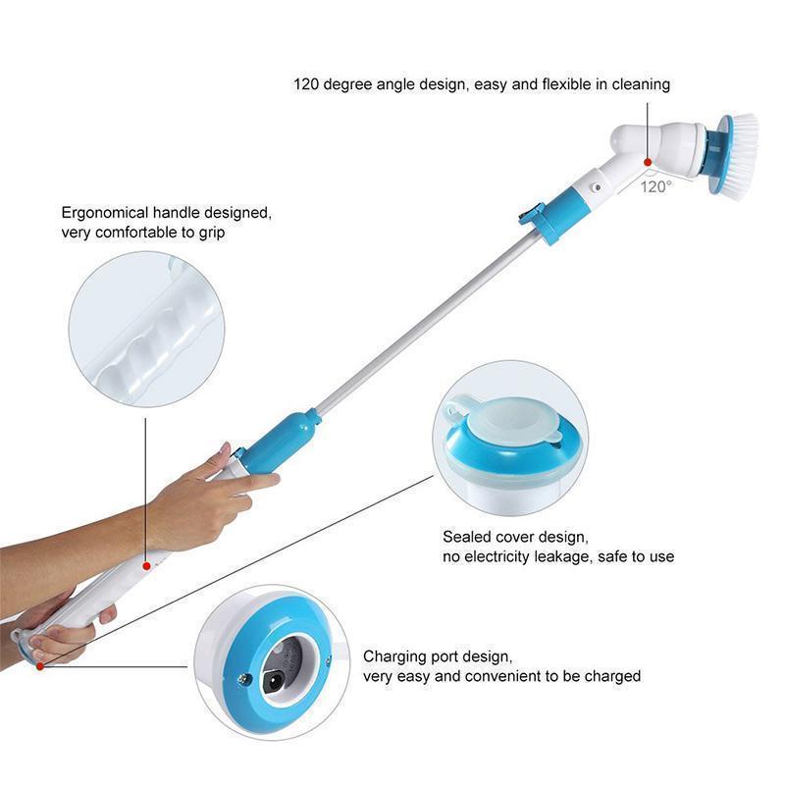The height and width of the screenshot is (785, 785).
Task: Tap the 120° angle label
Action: (x=655, y=187)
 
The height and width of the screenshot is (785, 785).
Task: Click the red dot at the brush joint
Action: (x=648, y=162)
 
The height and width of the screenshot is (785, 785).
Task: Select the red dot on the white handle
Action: (x=146, y=566)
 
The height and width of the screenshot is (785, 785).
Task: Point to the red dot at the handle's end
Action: (x=40, y=666)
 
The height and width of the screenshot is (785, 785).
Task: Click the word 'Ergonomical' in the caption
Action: (x=105, y=213)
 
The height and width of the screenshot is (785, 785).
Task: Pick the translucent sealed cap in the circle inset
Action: (x=508, y=420)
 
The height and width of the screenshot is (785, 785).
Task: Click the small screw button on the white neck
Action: (x=597, y=187)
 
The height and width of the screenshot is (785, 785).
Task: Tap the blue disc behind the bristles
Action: (x=722, y=154)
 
